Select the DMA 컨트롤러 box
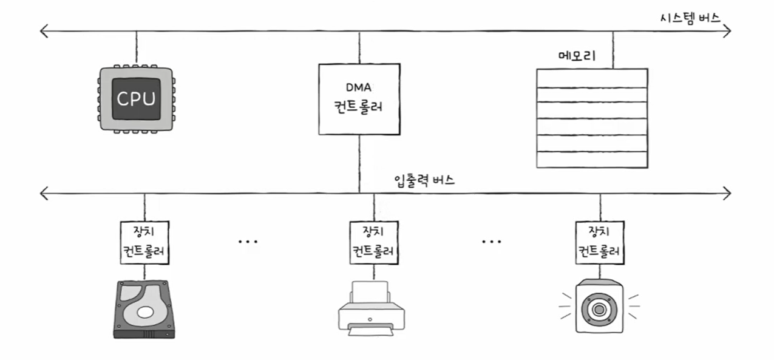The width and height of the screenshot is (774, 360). coord(359,99)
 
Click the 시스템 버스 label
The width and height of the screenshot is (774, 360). coord(690,17)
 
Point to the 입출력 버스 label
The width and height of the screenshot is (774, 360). coord(424,180)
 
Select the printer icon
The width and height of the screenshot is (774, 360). coord(370,309)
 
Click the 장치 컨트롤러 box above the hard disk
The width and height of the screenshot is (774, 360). coord(144,242)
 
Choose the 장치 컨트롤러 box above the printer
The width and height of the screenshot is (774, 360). coord(373,242)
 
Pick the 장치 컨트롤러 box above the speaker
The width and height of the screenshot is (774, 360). coord(599,242)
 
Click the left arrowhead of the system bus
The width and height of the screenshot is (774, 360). coord(42,30)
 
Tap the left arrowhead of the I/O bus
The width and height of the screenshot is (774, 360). coord(42,194)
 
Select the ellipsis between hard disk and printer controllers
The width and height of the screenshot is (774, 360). coord(248,242)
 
